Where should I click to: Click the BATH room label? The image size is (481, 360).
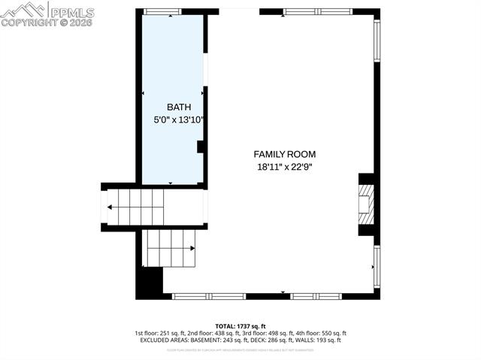coord(174,107)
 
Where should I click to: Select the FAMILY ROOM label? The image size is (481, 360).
coord(284,153)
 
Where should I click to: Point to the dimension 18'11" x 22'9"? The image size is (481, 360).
coord(284,166)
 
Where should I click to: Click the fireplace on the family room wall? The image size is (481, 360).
coord(366,204)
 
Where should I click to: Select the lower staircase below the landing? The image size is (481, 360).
coord(170,248)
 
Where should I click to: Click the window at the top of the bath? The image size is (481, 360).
coord(162,11)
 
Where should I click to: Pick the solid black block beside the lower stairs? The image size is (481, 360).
coord(150,283)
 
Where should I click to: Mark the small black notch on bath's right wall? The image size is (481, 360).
coord(201,147)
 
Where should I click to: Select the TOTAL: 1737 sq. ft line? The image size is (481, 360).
coord(240,325)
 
